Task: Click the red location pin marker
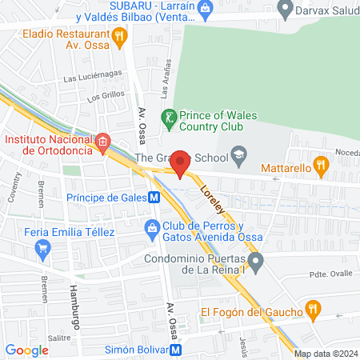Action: coord(181,162)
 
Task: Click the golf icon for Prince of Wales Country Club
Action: coord(168,116)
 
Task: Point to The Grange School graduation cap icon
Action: coord(238,153)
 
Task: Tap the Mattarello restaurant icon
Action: coord(321,166)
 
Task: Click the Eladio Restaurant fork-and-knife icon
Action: coord(120,34)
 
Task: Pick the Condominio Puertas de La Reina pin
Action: coord(255,261)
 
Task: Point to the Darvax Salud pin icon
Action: coord(283,10)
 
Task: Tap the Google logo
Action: coord(26,350)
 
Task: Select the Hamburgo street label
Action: coord(71,296)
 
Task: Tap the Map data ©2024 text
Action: coord(324,354)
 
